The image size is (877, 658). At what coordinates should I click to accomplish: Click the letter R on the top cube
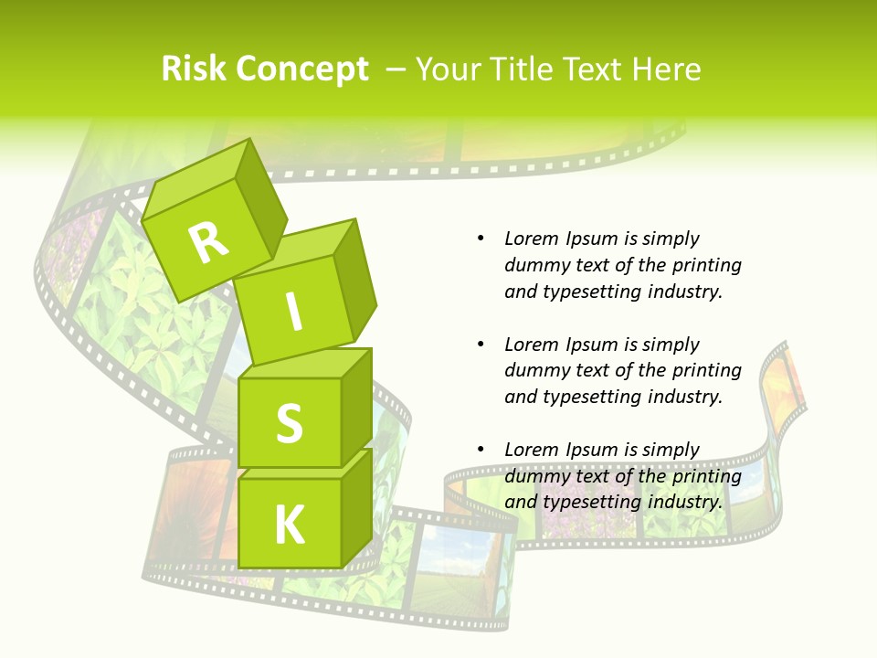208,242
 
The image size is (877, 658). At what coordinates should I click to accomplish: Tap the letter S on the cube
289,423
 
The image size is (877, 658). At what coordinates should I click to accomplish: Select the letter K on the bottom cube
290,525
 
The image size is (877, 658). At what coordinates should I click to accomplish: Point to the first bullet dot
481,239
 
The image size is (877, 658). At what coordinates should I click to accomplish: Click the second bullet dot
481,345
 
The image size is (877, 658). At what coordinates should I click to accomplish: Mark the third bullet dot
481,450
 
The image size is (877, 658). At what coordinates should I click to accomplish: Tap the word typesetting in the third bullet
593,502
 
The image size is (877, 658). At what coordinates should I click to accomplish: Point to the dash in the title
396,69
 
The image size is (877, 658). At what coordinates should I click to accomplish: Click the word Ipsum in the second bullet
591,345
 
